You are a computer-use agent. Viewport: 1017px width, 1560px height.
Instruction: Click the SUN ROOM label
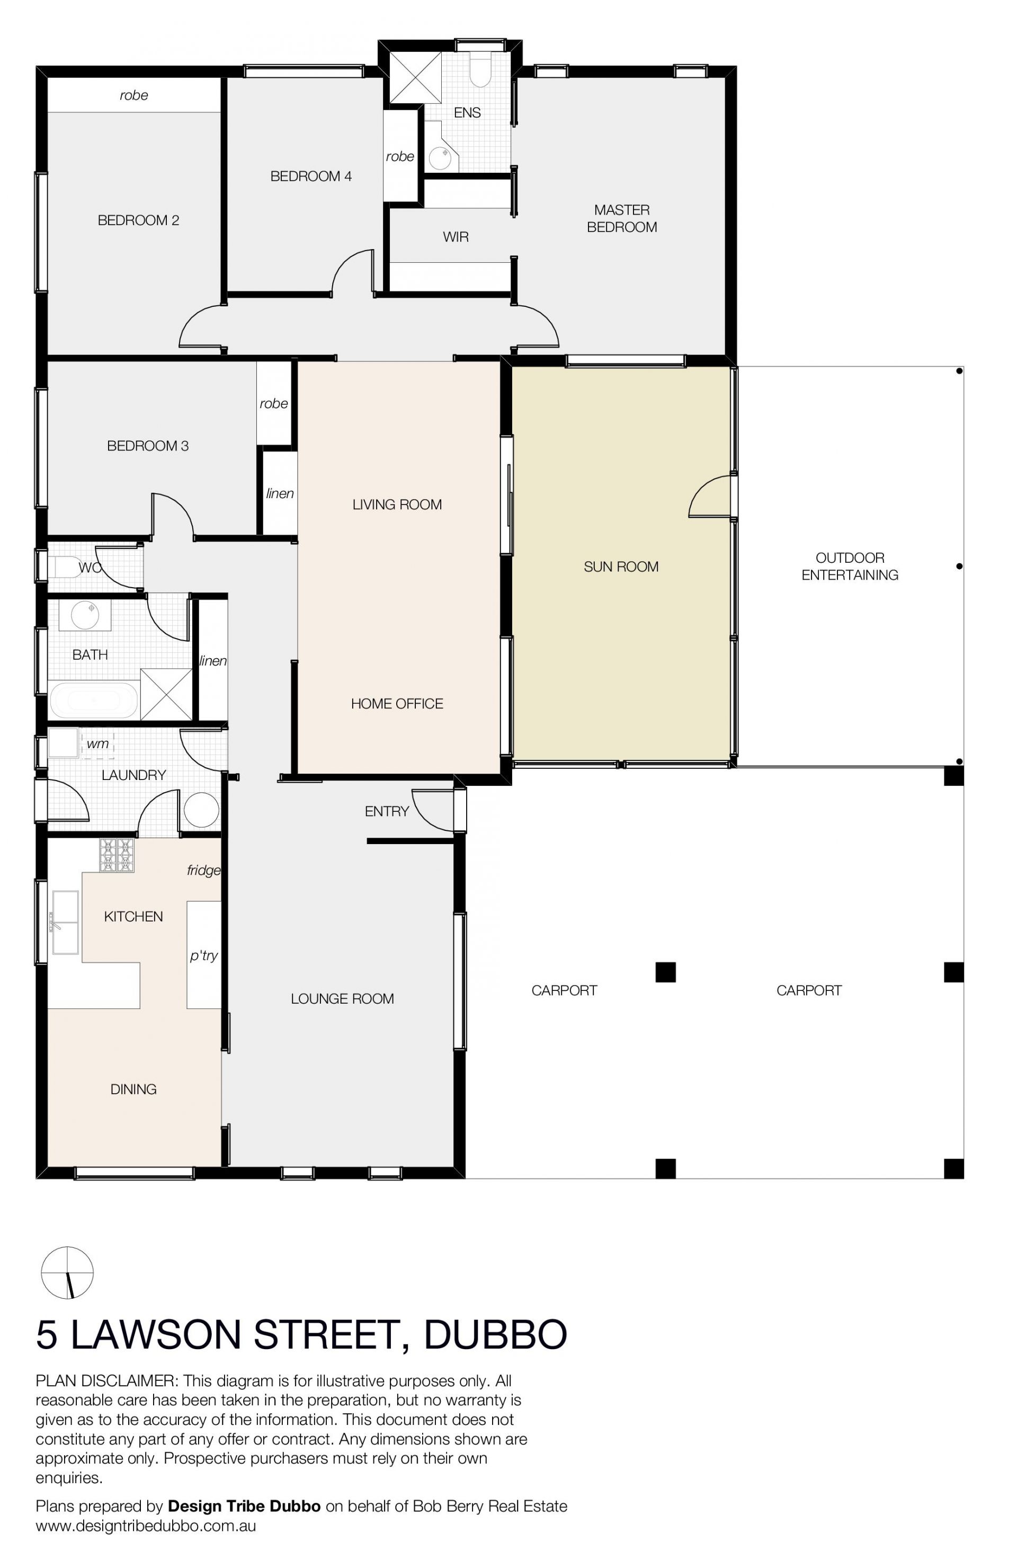tap(621, 566)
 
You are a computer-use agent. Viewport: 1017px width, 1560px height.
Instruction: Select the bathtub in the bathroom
tap(94, 701)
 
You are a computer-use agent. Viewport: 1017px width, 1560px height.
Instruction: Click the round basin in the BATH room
tap(85, 616)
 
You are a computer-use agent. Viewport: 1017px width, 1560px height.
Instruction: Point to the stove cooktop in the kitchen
tap(117, 855)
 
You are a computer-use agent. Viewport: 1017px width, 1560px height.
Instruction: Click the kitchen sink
tap(65, 922)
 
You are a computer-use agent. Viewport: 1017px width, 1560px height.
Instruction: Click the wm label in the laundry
tap(97, 743)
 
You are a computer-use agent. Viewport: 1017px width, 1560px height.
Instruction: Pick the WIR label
tap(456, 237)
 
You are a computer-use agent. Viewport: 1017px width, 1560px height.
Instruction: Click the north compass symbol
tap(67, 1272)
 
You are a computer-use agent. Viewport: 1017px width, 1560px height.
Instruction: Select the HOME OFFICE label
tap(397, 703)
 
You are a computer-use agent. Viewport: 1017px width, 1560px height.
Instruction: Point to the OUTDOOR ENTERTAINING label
tap(850, 566)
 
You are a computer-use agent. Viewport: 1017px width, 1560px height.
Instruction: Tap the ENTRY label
tap(387, 811)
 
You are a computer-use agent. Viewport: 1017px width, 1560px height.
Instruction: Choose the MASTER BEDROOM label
tap(622, 218)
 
